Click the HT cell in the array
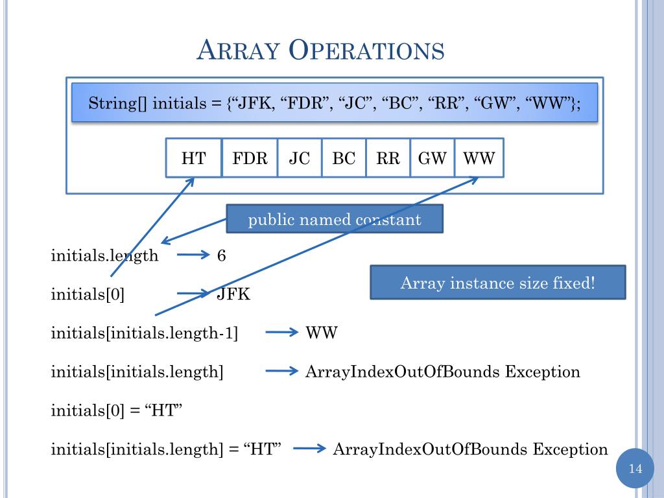[193, 158]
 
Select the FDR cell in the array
[250, 158]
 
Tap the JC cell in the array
[300, 158]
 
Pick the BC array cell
[344, 158]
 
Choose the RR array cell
[388, 158]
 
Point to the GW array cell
[432, 158]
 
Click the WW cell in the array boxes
[479, 158]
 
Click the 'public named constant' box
[335, 219]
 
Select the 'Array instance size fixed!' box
[497, 283]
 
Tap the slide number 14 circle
[635, 468]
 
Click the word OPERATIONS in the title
[367, 51]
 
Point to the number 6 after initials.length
[222, 255]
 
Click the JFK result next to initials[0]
[233, 294]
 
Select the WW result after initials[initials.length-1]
[322, 333]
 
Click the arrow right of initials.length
[191, 255]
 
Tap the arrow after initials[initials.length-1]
[280, 333]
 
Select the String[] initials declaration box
[335, 103]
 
